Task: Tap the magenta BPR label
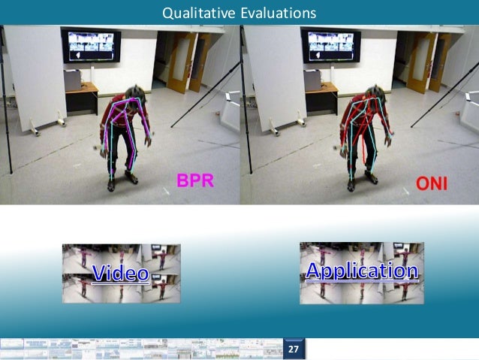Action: [x=197, y=180]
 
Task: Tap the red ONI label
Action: [x=432, y=182]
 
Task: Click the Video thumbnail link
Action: [x=121, y=273]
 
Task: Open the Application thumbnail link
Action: [x=361, y=272]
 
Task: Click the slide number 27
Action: [x=294, y=349]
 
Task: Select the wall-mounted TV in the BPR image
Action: [x=91, y=47]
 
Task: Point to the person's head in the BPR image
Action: [x=133, y=92]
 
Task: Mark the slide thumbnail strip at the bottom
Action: [x=143, y=349]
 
